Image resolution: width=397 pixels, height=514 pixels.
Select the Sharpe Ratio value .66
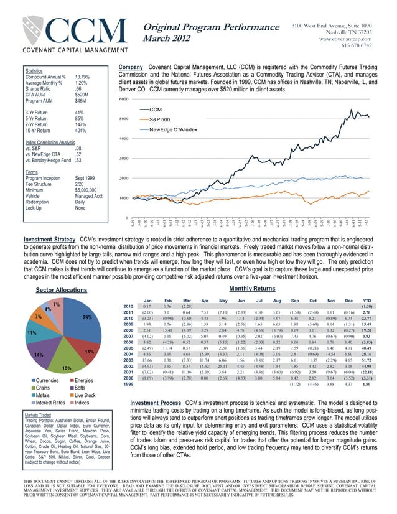78,90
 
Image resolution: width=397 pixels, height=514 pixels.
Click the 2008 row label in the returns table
128,330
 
